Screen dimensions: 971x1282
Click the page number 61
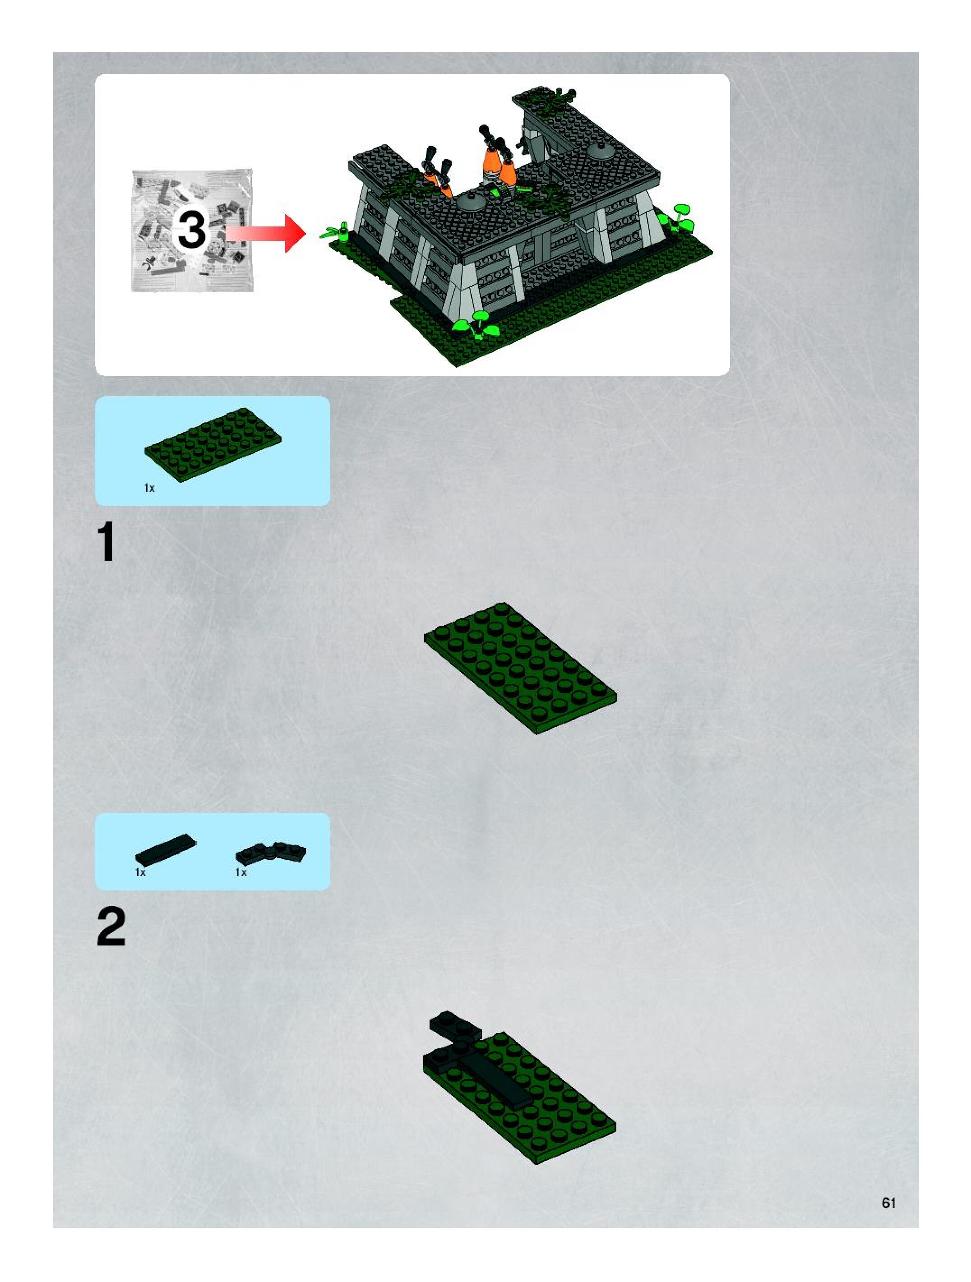pos(889,1203)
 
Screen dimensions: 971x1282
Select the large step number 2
pos(111,927)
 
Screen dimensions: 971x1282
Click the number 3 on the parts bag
pos(191,230)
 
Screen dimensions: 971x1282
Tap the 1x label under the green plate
pos(149,488)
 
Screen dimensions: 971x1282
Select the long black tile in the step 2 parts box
pos(166,849)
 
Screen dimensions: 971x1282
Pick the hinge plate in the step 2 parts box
pos(271,853)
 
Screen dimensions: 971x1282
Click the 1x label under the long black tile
pos(140,872)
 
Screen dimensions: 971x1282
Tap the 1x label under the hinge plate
pos(240,872)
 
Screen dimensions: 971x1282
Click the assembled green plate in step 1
pos(520,668)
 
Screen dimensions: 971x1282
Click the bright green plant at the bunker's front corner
pos(478,324)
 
